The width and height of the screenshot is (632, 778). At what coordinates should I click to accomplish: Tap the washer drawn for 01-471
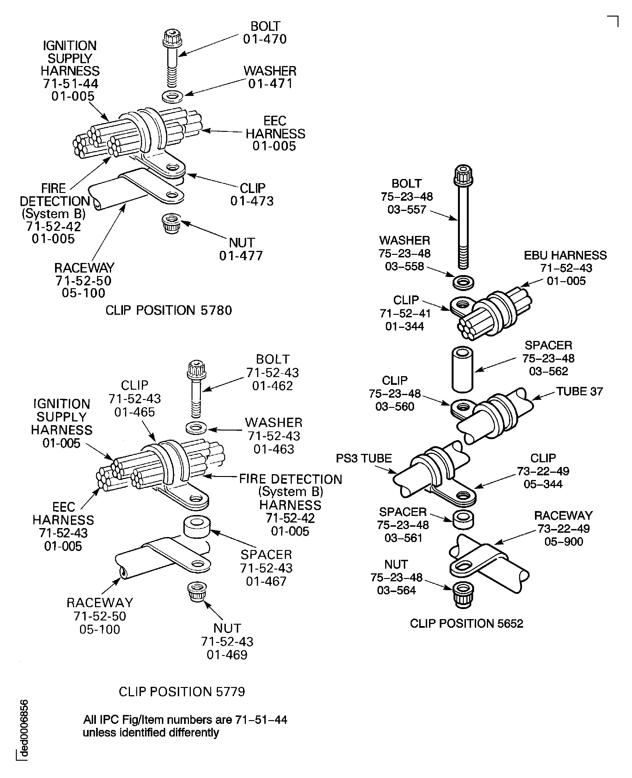click(x=172, y=97)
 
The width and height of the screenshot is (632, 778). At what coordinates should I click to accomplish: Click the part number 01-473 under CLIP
click(x=252, y=201)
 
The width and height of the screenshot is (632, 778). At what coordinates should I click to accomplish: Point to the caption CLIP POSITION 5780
click(x=169, y=311)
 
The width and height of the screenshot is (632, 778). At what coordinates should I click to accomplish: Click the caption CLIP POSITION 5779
click(x=182, y=692)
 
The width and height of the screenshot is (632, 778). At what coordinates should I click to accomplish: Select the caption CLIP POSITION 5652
click(x=466, y=624)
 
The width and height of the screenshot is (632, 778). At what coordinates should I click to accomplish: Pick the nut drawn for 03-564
click(x=463, y=595)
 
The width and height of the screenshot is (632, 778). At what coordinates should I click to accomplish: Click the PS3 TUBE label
click(x=364, y=458)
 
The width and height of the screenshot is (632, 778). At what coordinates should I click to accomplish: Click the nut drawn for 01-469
click(x=197, y=591)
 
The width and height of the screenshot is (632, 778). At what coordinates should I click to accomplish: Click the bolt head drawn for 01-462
click(x=197, y=371)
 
